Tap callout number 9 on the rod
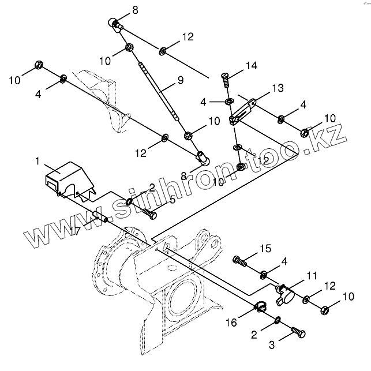tap(180, 81)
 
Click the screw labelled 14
tap(226, 78)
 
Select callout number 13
tap(278, 88)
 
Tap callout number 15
tap(264, 249)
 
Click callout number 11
tap(312, 276)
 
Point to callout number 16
tap(231, 323)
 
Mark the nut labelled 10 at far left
tap(39, 63)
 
